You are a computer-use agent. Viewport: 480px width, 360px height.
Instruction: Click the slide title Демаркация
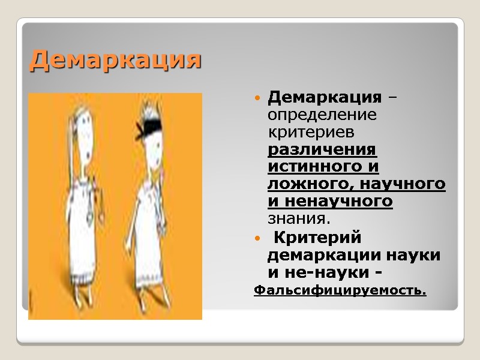pos(115,60)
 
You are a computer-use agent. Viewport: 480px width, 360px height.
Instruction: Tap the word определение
pos(322,113)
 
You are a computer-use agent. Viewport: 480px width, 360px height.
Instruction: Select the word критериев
pos(310,131)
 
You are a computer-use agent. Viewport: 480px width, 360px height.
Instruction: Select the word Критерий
pos(317,238)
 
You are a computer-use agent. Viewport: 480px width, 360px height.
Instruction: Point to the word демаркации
pos(319,255)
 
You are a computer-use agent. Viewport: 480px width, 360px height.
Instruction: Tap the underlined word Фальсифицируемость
pos(340,291)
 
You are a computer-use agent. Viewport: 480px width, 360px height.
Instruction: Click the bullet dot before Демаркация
pos(258,97)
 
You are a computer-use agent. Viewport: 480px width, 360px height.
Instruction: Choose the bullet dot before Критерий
pos(258,239)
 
